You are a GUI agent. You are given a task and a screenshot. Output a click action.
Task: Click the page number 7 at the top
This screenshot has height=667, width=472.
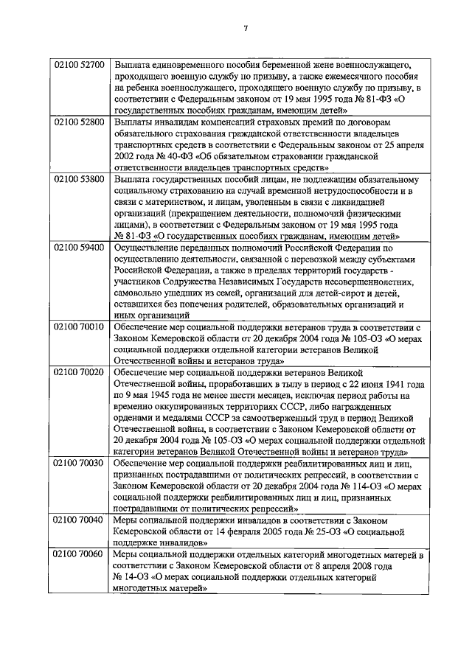[246, 28]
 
